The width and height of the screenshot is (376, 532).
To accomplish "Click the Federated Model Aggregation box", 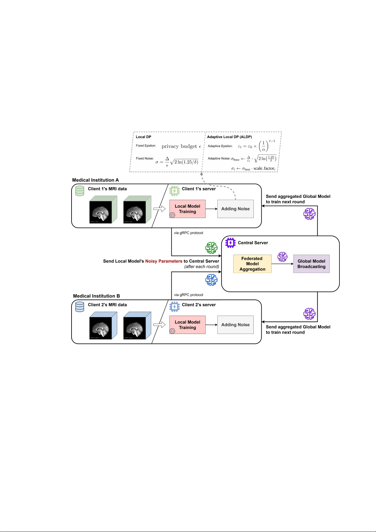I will [x=252, y=264].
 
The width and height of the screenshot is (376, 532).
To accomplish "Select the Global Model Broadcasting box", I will [x=311, y=264].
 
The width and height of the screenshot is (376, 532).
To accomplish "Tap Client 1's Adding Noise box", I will [x=235, y=209].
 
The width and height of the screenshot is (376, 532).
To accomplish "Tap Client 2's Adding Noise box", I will [x=235, y=325].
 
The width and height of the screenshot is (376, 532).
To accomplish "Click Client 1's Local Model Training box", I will [x=188, y=209].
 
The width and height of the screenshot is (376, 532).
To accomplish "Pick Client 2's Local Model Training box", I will [x=188, y=325].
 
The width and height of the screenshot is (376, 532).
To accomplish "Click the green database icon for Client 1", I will [x=80, y=191].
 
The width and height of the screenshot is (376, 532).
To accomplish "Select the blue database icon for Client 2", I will [x=80, y=307].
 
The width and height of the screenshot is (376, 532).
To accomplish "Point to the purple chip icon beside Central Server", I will [x=230, y=243].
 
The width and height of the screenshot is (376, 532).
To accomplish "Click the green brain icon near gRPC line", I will [x=211, y=248].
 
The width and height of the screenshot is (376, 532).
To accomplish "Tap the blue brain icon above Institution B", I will [x=211, y=280].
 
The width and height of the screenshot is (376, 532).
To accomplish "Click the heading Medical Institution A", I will [x=95, y=180].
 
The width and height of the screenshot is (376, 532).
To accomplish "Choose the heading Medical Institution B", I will [x=96, y=296].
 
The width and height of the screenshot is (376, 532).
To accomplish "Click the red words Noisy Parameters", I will [x=164, y=261].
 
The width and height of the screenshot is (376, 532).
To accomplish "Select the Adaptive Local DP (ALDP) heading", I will [x=229, y=137].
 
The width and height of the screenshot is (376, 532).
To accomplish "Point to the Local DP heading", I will [x=143, y=137].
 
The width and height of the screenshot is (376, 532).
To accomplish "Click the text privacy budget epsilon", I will [x=181, y=146].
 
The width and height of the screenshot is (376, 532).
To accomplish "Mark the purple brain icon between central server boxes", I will [x=282, y=257].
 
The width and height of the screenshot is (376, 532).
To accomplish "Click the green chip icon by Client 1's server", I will [x=175, y=191].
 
